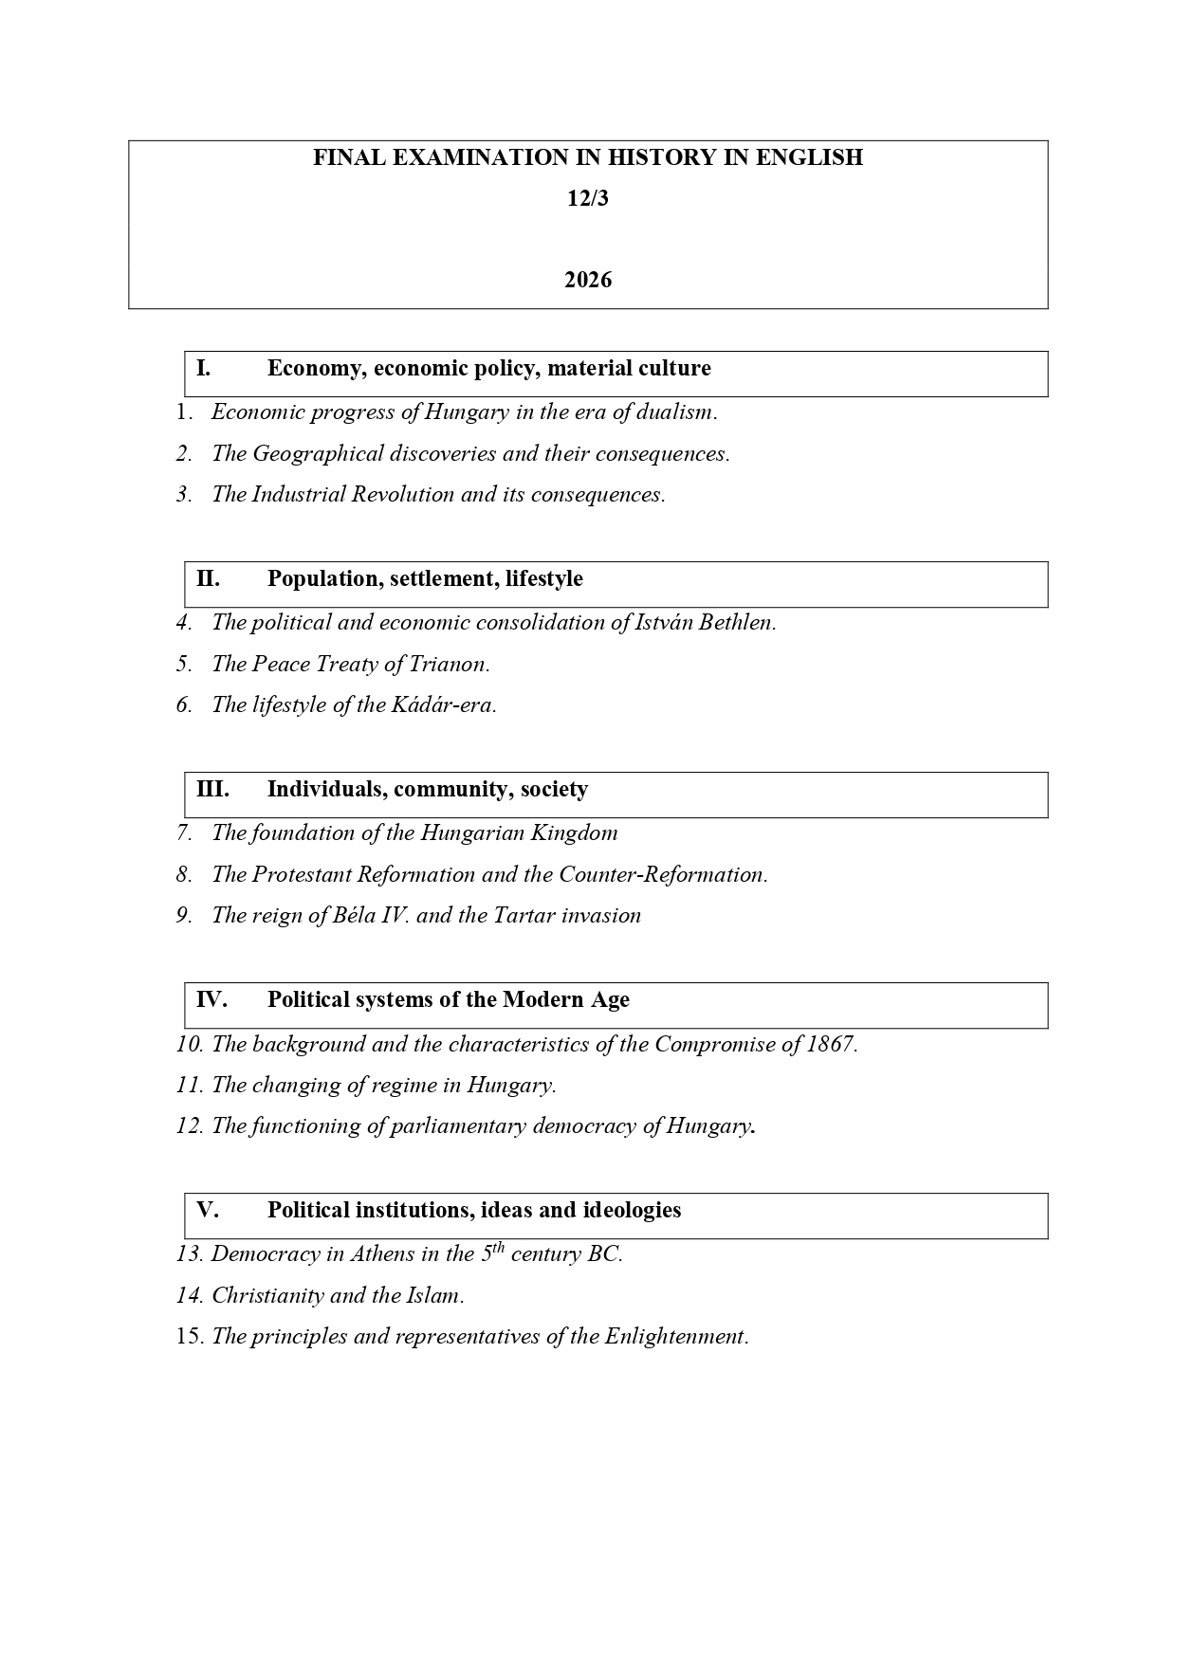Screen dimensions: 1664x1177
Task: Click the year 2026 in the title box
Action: pyautogui.click(x=588, y=280)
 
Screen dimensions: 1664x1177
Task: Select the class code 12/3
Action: pyautogui.click(x=588, y=198)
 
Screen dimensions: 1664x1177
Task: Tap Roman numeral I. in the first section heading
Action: pyautogui.click(x=204, y=368)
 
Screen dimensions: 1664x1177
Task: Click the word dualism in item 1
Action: pyautogui.click(x=675, y=411)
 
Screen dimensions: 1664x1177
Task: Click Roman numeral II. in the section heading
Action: pyautogui.click(x=208, y=578)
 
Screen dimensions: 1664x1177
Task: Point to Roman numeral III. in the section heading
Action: pyautogui.click(x=212, y=789)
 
